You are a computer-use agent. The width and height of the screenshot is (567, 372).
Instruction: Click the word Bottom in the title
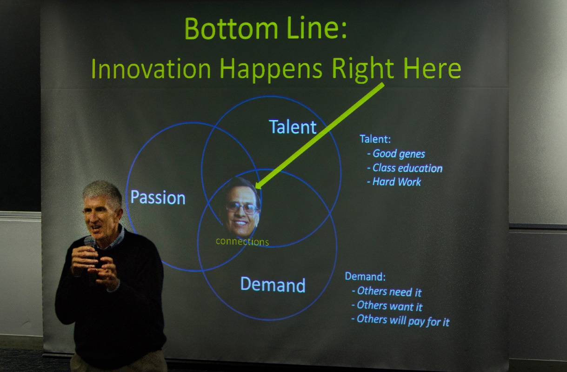click(x=231, y=28)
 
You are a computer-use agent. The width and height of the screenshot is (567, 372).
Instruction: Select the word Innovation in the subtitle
click(x=151, y=68)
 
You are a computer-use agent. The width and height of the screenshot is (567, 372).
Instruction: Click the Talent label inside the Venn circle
click(x=293, y=126)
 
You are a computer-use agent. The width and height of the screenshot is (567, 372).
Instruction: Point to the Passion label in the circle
click(x=158, y=197)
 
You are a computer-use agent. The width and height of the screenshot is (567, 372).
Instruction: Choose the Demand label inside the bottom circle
click(x=273, y=284)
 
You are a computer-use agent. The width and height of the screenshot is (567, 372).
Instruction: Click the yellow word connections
click(x=242, y=241)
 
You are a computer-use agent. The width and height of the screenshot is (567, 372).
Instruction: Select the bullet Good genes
click(x=396, y=154)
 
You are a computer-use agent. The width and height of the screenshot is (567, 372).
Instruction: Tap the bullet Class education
click(x=405, y=168)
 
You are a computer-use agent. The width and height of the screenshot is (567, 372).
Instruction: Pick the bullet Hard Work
click(x=394, y=182)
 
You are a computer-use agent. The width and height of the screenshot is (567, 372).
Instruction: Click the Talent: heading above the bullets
click(x=375, y=139)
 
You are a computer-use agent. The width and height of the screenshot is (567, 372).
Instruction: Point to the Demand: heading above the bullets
click(x=365, y=276)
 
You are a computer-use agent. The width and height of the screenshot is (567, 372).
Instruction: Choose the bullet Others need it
click(x=387, y=292)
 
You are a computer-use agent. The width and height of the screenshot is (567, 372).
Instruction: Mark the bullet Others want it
click(x=387, y=306)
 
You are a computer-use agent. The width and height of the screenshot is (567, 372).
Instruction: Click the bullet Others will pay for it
click(x=400, y=321)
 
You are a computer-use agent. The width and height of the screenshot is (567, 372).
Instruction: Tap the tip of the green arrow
click(x=256, y=187)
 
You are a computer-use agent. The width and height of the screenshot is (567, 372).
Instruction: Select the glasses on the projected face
click(x=242, y=208)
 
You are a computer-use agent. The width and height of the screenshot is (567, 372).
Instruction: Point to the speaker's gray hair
click(x=103, y=193)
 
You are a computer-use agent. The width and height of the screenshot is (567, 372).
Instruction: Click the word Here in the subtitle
click(x=432, y=68)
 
